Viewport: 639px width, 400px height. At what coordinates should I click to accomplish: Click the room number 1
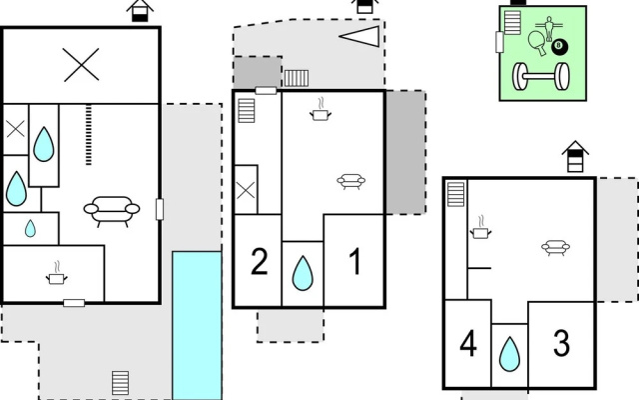[355, 262]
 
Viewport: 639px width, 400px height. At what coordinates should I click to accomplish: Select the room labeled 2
[260, 262]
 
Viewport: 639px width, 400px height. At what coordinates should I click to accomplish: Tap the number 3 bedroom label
[561, 343]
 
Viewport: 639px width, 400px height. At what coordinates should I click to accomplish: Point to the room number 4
[468, 344]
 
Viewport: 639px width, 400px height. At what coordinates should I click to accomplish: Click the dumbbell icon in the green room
[541, 76]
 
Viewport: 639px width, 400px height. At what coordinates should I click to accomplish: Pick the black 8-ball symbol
[559, 46]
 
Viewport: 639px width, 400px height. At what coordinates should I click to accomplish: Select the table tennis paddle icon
[536, 43]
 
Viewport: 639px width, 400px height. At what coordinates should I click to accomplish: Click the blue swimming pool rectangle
[197, 325]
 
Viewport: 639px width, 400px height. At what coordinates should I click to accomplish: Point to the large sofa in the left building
[112, 211]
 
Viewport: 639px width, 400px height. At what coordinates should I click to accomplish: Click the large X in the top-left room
[81, 65]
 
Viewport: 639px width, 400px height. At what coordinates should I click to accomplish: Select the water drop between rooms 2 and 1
[303, 273]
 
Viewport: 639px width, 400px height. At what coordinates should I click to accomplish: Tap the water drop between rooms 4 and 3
[509, 354]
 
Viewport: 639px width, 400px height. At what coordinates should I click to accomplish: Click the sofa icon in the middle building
[350, 181]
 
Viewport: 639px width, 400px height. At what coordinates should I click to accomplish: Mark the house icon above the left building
[140, 11]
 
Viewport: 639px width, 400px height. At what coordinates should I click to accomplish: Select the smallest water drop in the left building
[30, 229]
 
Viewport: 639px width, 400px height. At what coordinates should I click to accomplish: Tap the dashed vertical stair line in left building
[89, 135]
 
